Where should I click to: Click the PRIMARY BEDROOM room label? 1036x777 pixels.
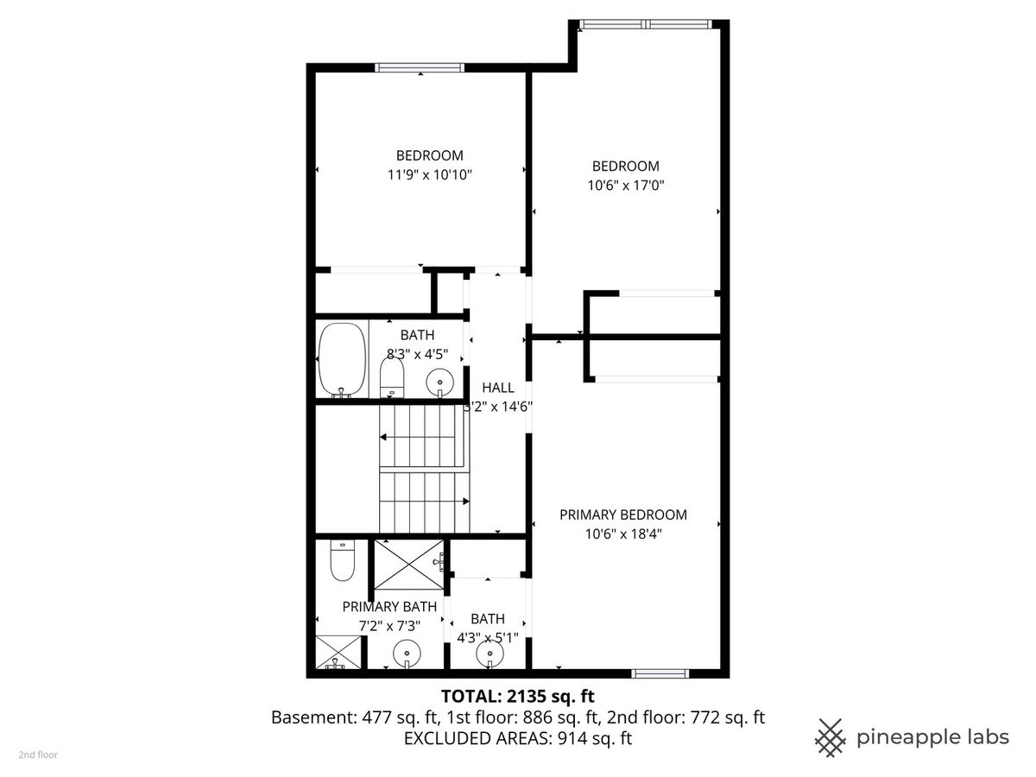623,515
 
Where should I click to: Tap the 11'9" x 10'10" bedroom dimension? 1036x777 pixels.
429,175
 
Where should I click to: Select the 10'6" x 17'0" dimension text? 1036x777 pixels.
625,186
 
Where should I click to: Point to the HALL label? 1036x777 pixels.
498,388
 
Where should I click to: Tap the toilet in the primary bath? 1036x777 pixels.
342,560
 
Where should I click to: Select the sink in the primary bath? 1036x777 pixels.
407,654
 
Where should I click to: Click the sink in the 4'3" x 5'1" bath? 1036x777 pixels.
490,654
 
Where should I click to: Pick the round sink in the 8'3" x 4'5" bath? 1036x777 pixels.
440,382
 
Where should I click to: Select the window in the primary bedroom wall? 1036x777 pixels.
660,673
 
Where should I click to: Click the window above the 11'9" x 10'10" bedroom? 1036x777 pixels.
420,67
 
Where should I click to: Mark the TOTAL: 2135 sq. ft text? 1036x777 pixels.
518,697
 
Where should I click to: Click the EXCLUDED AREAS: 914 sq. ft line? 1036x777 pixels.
518,738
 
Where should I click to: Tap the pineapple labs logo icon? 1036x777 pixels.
830,737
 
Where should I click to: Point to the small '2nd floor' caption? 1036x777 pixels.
38,755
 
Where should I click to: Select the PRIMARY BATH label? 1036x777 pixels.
389,607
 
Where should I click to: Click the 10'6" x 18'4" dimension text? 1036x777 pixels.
623,534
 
